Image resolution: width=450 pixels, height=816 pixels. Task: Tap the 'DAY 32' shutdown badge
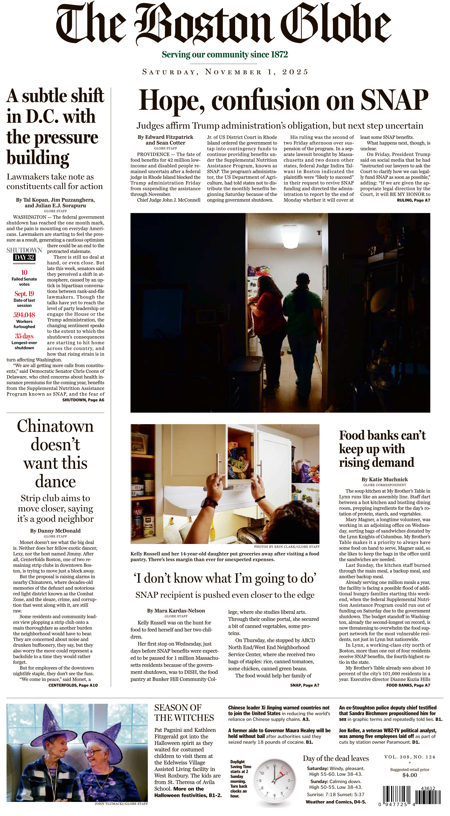(x=24, y=257)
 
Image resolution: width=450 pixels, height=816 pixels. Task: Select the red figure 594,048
(x=24, y=315)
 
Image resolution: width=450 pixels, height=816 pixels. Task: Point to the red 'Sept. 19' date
(x=24, y=294)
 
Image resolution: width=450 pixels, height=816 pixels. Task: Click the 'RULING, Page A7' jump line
(x=413, y=200)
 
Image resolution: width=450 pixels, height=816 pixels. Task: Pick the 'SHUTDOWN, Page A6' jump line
(x=83, y=400)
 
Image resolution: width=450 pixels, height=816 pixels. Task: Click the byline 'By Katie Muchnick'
(x=384, y=479)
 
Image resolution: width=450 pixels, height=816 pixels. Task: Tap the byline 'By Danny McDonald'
(x=55, y=530)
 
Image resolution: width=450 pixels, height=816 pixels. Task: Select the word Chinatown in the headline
(x=55, y=426)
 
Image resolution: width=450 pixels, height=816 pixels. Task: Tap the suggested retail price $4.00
(x=409, y=775)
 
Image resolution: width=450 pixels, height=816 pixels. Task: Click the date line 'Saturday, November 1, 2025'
(x=225, y=72)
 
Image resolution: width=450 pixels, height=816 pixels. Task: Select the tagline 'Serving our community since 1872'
(x=225, y=55)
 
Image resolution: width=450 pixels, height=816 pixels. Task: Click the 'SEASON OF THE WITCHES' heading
(x=184, y=713)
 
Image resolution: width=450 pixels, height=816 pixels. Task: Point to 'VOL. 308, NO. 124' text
(x=409, y=757)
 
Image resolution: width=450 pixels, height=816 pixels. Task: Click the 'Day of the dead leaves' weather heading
(x=336, y=758)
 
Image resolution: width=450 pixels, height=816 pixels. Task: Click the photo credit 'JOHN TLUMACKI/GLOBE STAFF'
(x=121, y=804)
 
